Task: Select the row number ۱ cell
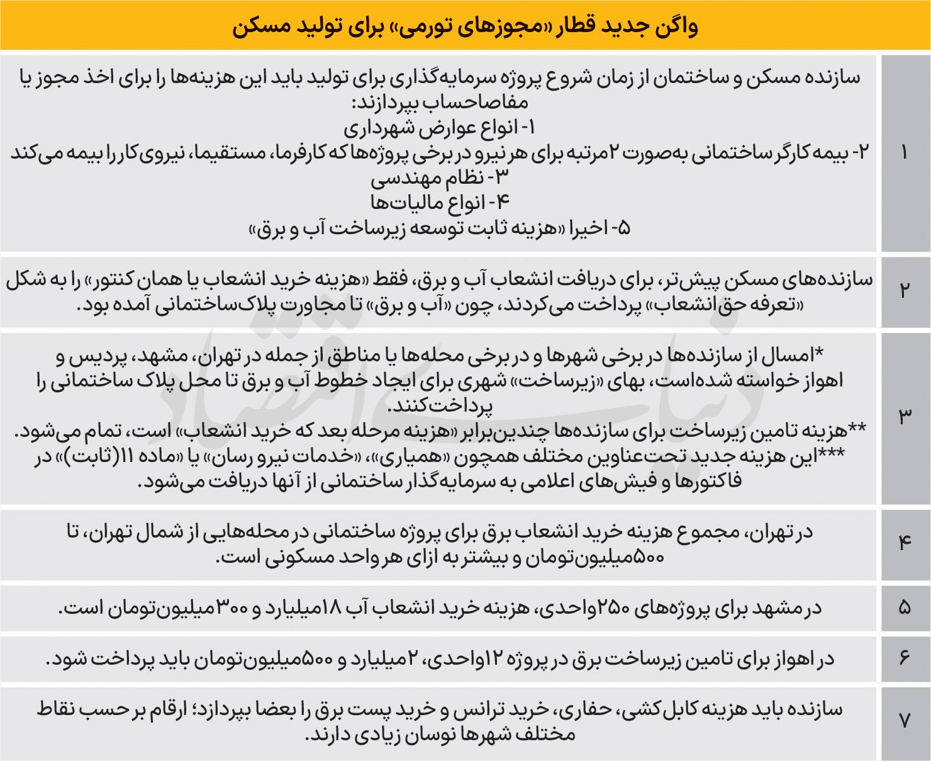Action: click(x=905, y=153)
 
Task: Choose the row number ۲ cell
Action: click(x=905, y=291)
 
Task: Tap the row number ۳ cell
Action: click(x=905, y=417)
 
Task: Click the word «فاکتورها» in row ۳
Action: click(x=708, y=482)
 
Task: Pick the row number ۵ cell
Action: click(x=905, y=608)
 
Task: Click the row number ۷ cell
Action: click(x=905, y=722)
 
